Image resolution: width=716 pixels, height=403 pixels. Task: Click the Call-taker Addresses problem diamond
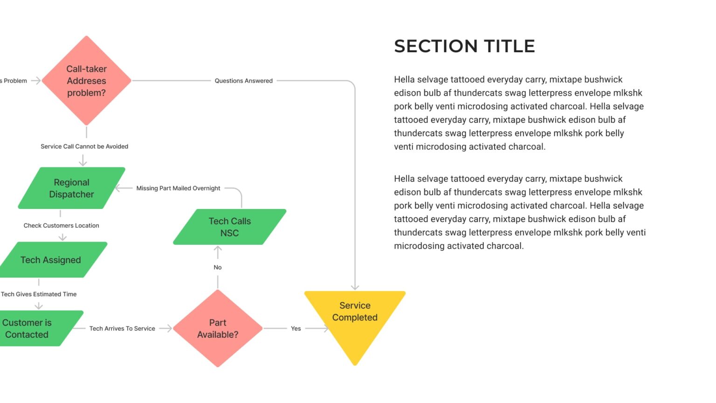click(86, 81)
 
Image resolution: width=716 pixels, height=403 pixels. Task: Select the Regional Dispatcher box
click(71, 188)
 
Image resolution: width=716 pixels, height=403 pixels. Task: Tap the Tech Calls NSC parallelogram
click(229, 227)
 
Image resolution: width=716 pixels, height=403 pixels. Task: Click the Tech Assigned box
click(51, 260)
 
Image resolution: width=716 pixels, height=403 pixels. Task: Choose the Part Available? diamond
click(218, 328)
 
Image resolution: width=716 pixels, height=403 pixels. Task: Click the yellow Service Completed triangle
click(355, 317)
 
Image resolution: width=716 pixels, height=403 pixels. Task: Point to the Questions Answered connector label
click(243, 81)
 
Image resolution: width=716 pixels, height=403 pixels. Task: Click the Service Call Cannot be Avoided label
click(84, 146)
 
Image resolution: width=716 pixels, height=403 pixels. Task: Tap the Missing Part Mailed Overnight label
click(178, 188)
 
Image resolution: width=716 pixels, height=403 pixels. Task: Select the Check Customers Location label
click(62, 226)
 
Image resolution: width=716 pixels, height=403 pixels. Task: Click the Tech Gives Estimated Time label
click(39, 294)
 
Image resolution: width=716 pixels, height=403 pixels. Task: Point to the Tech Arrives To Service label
click(122, 328)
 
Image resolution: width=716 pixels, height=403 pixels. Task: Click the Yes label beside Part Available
click(296, 328)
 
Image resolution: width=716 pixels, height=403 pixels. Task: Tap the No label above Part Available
click(218, 267)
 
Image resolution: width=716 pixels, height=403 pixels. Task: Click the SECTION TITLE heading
click(464, 46)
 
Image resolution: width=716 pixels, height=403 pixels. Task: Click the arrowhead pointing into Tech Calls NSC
click(218, 250)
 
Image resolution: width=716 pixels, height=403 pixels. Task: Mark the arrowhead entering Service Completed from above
click(355, 287)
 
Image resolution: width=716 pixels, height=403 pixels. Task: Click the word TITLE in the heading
click(509, 46)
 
